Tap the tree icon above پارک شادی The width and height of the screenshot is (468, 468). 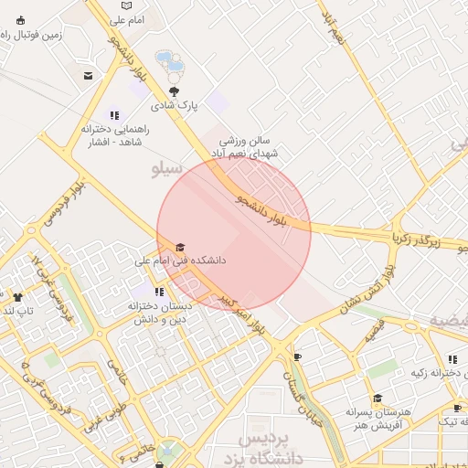(175, 91)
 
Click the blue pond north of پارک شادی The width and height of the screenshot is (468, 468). (169, 62)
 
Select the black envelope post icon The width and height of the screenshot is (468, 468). (88, 76)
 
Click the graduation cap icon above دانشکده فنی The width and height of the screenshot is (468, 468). (180, 248)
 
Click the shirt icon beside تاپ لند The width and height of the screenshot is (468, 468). (16, 297)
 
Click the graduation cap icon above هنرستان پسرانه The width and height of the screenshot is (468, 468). (378, 398)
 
